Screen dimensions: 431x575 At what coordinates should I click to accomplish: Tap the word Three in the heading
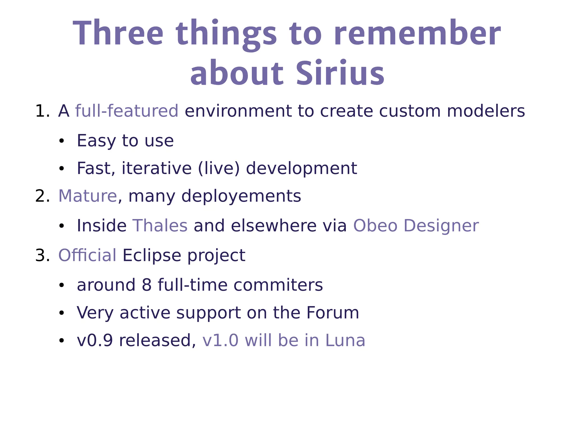(x=118, y=33)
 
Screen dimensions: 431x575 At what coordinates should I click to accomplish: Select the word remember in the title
(x=417, y=33)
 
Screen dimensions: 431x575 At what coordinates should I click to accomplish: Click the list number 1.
(x=42, y=111)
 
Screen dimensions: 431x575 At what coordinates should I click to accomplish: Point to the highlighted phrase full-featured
(x=127, y=111)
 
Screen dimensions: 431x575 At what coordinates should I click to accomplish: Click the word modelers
(x=485, y=111)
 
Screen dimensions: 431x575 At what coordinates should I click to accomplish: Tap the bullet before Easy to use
(x=61, y=141)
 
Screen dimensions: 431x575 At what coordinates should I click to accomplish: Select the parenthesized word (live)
(x=219, y=168)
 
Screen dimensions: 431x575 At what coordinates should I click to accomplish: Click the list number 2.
(x=42, y=196)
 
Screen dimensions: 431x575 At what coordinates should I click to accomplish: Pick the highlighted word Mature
(x=88, y=196)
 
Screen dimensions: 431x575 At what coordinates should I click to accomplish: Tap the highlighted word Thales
(x=160, y=226)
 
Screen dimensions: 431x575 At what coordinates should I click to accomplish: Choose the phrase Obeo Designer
(x=416, y=226)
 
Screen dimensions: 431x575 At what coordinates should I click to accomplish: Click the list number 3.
(x=42, y=256)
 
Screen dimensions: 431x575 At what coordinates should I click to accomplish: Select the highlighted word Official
(x=87, y=256)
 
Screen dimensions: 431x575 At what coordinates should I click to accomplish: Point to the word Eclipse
(x=152, y=256)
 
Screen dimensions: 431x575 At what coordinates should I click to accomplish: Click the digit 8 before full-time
(x=147, y=285)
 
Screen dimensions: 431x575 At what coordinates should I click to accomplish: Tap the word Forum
(x=332, y=313)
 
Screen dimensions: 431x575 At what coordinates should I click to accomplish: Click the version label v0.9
(x=95, y=341)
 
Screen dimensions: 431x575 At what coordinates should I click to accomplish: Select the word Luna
(x=345, y=341)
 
